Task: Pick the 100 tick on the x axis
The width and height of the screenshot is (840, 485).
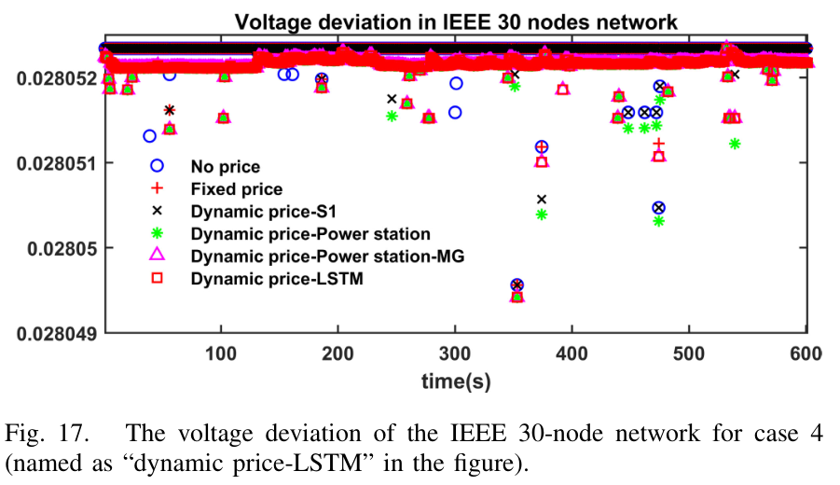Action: (221, 354)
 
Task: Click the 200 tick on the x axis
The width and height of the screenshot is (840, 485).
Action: (337, 354)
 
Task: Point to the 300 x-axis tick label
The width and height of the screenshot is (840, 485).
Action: (455, 354)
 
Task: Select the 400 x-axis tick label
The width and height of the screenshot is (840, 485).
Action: (571, 354)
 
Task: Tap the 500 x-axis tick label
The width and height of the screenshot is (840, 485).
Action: (689, 354)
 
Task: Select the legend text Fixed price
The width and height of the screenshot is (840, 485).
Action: (236, 188)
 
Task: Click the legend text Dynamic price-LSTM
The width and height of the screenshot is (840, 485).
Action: (275, 278)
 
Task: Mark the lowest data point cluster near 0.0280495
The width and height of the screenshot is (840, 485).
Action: (517, 291)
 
